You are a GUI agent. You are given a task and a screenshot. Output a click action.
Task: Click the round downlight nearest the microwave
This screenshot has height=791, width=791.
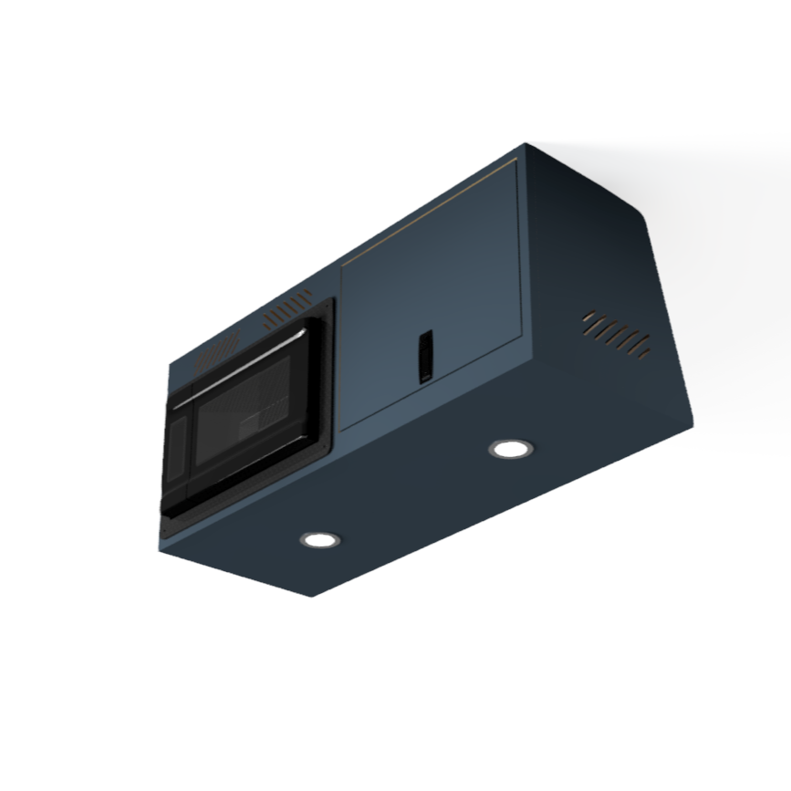319,539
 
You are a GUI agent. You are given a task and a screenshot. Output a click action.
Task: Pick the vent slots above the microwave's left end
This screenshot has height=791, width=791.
217,349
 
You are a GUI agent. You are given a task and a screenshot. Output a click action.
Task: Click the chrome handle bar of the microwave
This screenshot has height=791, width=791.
239,368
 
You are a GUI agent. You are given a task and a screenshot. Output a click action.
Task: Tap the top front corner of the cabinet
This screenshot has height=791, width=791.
526,144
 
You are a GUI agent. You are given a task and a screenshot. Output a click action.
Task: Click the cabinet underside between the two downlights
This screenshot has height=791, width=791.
415,497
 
